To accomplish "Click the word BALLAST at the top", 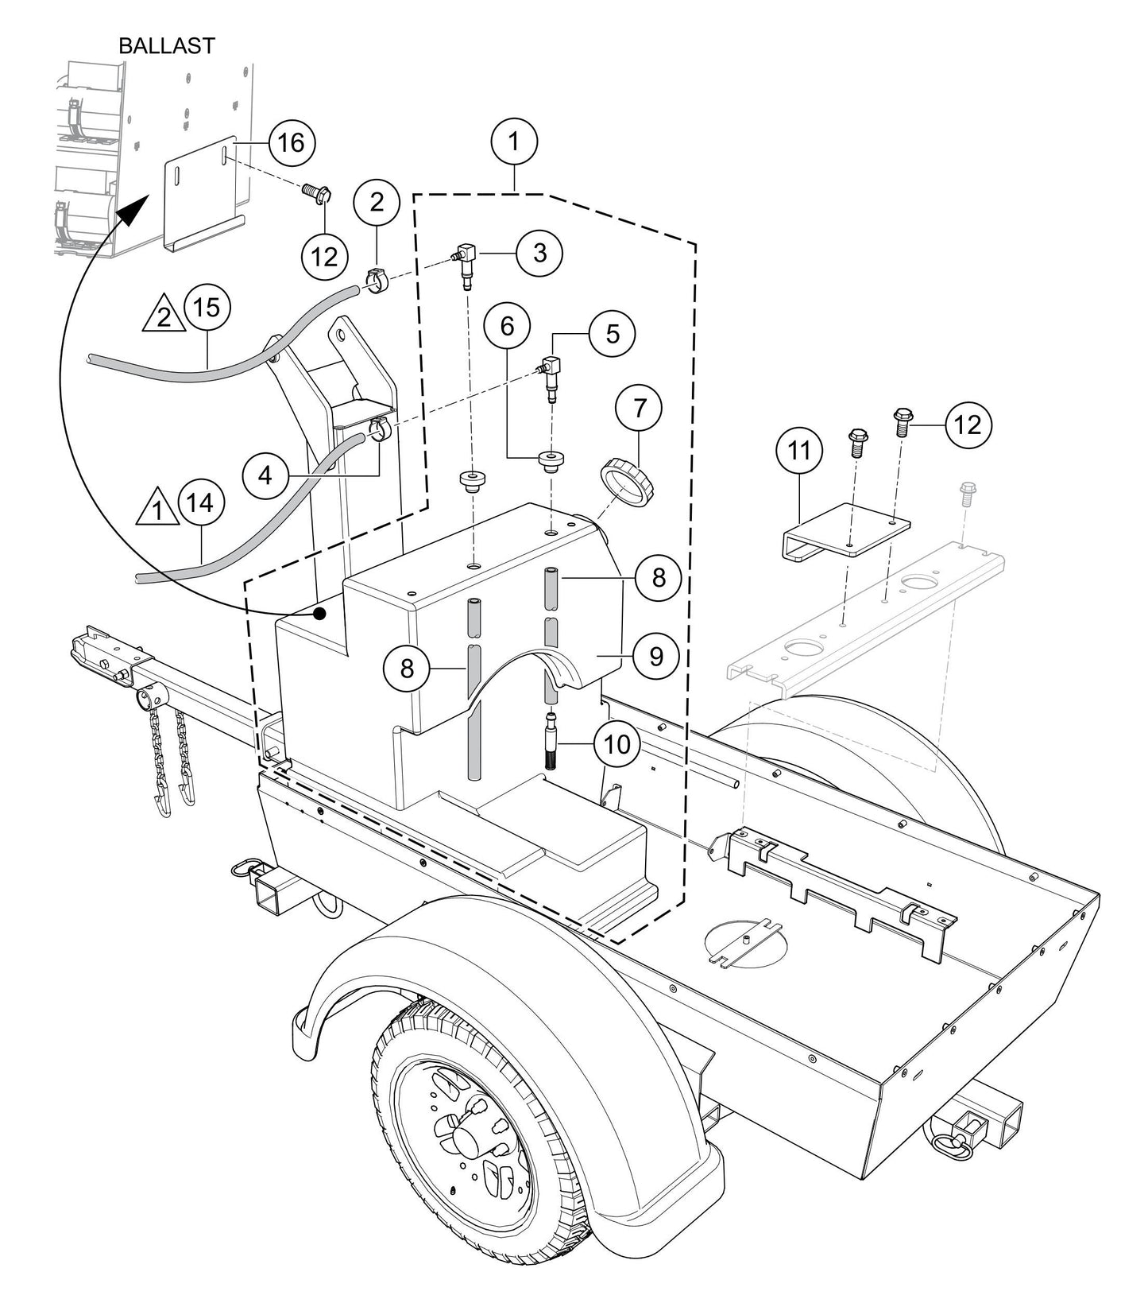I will pos(166,46).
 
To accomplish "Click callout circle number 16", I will pos(292,143).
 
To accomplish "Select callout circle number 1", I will pos(514,142).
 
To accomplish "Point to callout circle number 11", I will pos(799,451).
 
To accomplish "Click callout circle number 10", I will pos(617,745).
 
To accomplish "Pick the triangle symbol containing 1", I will pos(157,509).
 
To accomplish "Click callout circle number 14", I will pos(201,502).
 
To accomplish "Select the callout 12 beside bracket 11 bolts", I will pos(968,425).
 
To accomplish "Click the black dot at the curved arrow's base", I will pos(320,613).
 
